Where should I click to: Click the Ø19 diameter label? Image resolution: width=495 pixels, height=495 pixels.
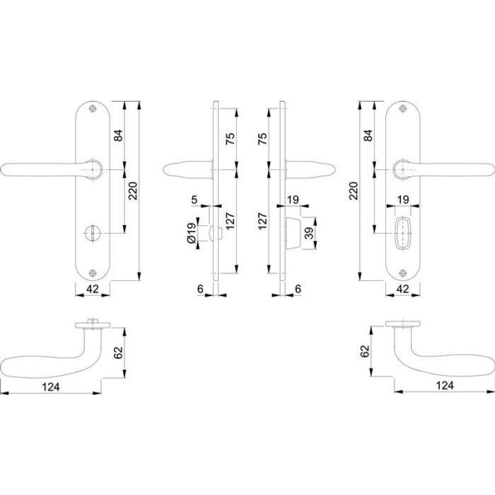coord(191,233)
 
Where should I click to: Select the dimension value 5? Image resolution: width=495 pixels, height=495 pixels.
coord(194,199)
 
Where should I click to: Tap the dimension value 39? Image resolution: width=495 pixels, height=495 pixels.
coord(310,233)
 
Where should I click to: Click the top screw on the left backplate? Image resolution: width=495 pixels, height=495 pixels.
coord(92,108)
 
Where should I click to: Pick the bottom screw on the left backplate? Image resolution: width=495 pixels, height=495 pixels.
coord(92,273)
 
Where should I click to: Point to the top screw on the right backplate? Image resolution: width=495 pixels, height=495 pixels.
coord(403,108)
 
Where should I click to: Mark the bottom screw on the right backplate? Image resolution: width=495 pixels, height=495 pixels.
coord(403,273)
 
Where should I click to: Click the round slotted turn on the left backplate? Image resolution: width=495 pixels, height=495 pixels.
coord(92,233)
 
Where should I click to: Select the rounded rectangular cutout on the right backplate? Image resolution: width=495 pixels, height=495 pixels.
coord(403,233)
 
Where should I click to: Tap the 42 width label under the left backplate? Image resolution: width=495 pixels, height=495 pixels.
coord(92,288)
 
